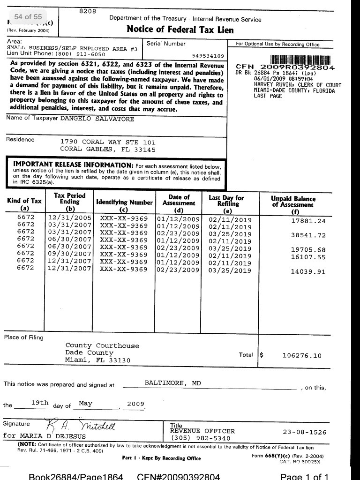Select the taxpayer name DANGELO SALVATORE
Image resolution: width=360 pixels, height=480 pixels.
point(97,119)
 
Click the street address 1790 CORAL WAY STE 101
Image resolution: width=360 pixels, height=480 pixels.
point(108,142)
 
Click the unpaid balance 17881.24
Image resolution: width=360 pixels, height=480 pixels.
point(308,221)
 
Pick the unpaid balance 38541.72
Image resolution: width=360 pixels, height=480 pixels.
point(308,235)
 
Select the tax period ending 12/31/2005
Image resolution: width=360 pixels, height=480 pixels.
point(70,218)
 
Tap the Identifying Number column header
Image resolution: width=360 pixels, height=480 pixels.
point(124,202)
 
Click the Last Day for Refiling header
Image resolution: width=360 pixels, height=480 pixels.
point(226,201)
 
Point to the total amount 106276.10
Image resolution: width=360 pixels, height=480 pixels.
point(302,356)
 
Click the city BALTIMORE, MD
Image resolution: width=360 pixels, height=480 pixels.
point(172,383)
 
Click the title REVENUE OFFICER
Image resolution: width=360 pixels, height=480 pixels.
point(202,431)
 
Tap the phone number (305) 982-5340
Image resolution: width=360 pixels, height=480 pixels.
point(200,438)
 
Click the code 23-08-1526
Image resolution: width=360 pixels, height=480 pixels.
point(305,432)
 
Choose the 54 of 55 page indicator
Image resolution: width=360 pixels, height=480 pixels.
point(28,16)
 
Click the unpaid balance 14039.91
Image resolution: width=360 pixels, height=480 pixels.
point(308,271)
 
